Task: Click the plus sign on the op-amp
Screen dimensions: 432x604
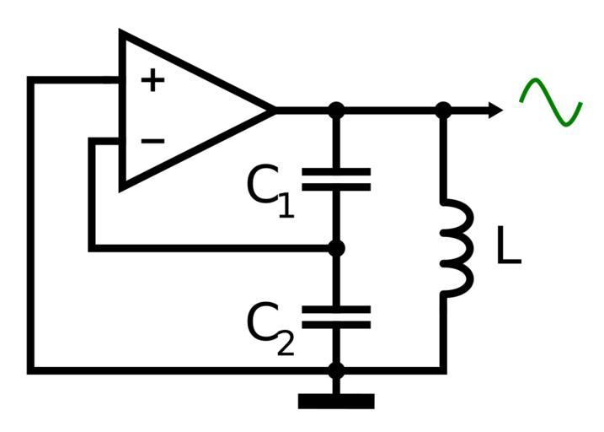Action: (x=152, y=81)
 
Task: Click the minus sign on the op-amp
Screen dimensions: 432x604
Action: (x=152, y=140)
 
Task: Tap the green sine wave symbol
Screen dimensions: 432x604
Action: (x=551, y=103)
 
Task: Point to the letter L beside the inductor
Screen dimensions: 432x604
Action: (x=508, y=246)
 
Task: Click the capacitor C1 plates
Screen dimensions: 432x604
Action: (x=336, y=179)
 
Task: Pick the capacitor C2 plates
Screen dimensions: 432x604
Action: (x=336, y=317)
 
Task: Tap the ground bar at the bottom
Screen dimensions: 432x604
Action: (x=336, y=402)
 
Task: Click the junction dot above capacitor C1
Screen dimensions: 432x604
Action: (x=336, y=110)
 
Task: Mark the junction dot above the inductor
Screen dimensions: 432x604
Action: (x=444, y=110)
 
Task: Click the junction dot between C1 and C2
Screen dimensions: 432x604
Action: (x=336, y=248)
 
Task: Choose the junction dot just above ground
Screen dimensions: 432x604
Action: (x=336, y=370)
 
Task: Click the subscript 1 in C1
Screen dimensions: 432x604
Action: (x=286, y=205)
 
